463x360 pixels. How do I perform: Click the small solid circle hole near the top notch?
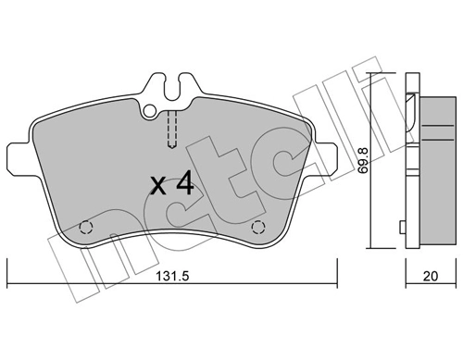point(150,110)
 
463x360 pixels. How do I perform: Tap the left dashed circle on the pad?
point(86,226)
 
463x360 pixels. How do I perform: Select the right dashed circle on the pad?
point(258,226)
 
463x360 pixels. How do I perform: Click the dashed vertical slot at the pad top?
point(171,129)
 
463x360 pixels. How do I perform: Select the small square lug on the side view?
point(400,228)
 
